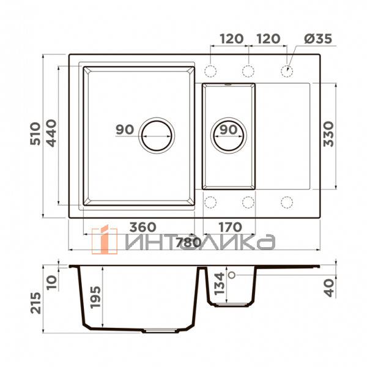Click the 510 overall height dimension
point(35,133)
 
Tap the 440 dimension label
point(51,133)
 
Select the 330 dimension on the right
point(328,134)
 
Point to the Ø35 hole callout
point(318,39)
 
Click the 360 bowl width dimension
point(143,227)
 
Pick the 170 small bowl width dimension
point(231,227)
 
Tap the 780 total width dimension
point(188,243)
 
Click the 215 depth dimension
point(35,303)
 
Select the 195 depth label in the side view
point(95,297)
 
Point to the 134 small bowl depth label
point(220,283)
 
